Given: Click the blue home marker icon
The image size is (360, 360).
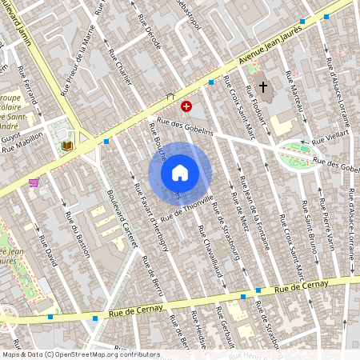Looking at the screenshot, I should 180,173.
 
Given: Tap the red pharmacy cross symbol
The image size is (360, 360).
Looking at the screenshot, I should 186,106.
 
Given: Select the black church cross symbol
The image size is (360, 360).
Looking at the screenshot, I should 263,87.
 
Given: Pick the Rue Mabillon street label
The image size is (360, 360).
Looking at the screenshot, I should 22,147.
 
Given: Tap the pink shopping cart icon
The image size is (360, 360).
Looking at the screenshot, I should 34,182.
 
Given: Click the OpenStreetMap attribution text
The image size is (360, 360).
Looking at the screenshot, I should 80,354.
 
